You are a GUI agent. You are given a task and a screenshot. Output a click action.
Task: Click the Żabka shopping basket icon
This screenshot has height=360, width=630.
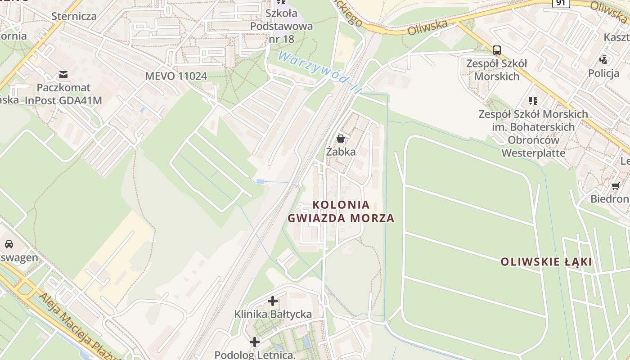point(341,139)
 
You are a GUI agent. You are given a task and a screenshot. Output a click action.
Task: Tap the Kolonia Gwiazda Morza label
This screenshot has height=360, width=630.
point(341,211)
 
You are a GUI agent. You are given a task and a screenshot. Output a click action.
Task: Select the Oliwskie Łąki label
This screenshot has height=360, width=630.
point(546,262)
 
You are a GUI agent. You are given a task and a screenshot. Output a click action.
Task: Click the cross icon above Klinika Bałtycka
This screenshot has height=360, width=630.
point(273,301)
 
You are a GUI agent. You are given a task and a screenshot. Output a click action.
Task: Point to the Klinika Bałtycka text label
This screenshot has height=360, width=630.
point(273,314)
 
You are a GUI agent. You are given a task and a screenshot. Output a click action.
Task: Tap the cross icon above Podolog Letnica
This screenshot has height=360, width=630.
point(255,342)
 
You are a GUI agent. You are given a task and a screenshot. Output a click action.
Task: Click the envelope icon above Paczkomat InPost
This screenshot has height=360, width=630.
point(63,74)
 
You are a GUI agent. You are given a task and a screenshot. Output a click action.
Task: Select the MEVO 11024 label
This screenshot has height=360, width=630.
point(176,76)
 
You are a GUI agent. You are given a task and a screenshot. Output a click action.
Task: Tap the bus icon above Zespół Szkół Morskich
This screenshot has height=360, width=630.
point(497,50)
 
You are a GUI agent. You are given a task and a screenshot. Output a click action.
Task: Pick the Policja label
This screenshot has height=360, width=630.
point(603,73)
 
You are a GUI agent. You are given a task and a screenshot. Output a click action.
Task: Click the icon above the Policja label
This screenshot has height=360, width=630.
point(603,59)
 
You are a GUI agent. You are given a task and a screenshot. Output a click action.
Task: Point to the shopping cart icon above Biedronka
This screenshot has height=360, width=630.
point(615,185)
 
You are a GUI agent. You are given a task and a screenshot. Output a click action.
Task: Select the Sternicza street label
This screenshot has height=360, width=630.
point(74,16)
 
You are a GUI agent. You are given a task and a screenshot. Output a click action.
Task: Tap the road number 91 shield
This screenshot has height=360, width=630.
point(561,3)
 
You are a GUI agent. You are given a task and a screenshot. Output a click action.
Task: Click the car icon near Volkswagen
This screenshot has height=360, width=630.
point(9,244)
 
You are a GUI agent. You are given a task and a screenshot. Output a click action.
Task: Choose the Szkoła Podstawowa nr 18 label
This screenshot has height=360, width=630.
point(281,26)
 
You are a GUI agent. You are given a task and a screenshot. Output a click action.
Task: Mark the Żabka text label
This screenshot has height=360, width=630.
point(341,152)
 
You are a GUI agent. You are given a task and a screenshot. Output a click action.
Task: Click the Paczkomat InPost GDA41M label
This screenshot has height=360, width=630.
point(63,94)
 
